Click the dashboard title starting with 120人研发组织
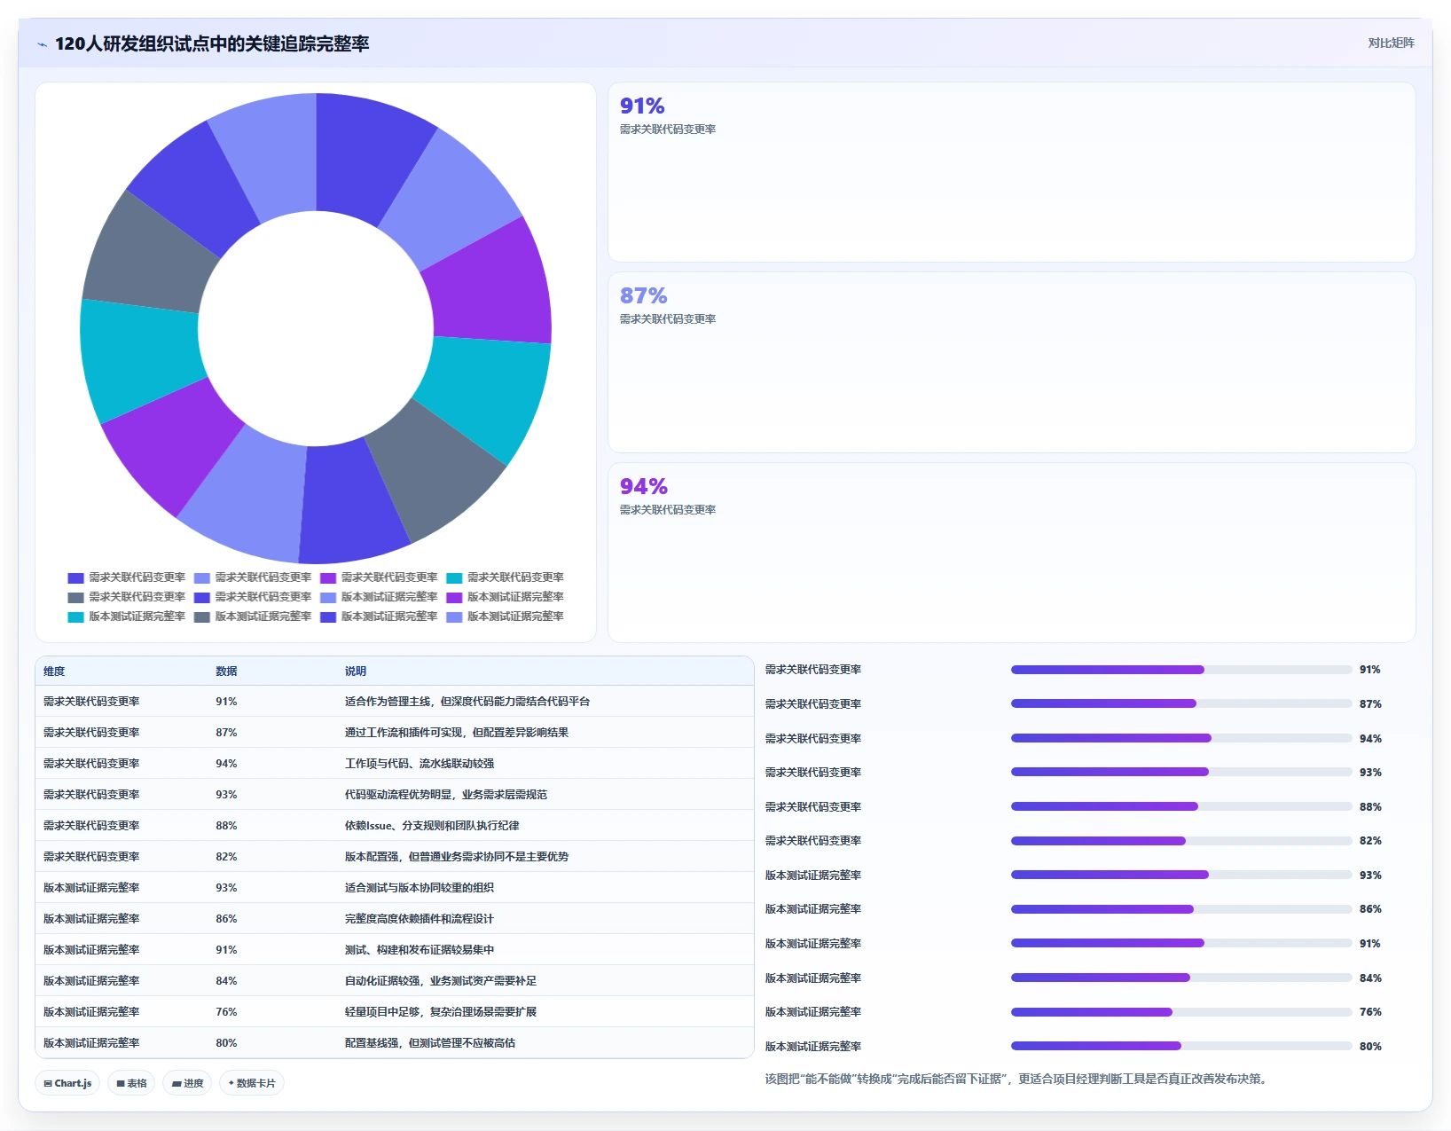[x=212, y=43]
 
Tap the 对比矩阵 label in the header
[x=1390, y=43]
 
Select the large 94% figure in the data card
[x=643, y=486]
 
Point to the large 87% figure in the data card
[x=643, y=295]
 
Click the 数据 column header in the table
[x=226, y=671]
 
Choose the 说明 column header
[x=356, y=671]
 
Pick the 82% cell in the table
[x=226, y=857]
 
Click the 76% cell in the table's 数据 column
[x=226, y=1011]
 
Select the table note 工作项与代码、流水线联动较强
[x=420, y=763]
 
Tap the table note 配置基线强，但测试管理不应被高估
[x=430, y=1043]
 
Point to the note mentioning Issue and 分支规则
[x=432, y=825]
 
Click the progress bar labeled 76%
[x=1180, y=1012]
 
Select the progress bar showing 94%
[x=1180, y=738]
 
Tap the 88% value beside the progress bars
[x=1369, y=806]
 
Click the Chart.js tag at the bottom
[x=67, y=1083]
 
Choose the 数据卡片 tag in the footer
[x=251, y=1083]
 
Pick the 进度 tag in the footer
[x=187, y=1083]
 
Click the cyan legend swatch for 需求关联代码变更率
[x=454, y=577]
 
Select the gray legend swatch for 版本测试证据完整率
[x=201, y=617]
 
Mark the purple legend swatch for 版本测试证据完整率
[x=454, y=598]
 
